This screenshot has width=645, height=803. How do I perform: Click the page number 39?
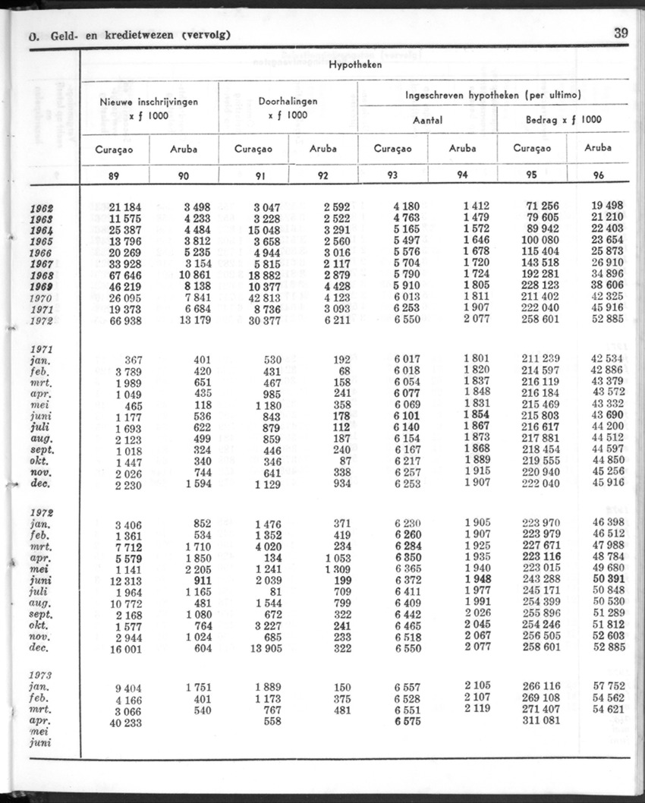tap(621, 33)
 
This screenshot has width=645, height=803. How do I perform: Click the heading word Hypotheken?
tap(355, 65)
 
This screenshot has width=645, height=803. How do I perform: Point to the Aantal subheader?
tap(427, 120)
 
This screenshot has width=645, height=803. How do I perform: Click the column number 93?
tap(392, 175)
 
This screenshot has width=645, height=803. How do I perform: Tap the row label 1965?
tap(41, 241)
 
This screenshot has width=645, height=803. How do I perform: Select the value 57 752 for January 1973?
tap(608, 688)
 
